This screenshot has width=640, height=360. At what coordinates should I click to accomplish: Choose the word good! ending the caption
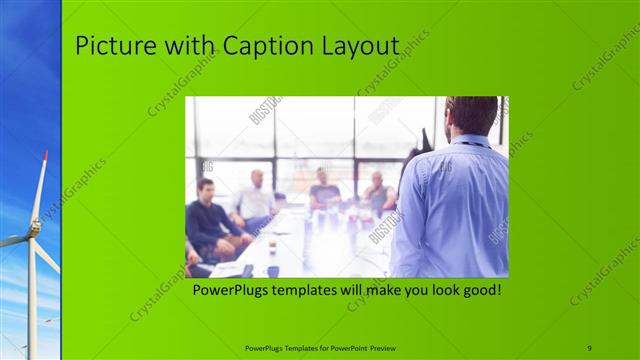click(x=478, y=291)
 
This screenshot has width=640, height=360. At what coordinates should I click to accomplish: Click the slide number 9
click(x=589, y=347)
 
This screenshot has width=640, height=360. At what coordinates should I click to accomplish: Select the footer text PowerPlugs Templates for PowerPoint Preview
click(x=319, y=347)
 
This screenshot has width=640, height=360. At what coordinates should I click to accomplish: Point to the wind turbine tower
click(x=31, y=300)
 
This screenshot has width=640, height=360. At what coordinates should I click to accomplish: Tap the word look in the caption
click(x=433, y=291)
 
